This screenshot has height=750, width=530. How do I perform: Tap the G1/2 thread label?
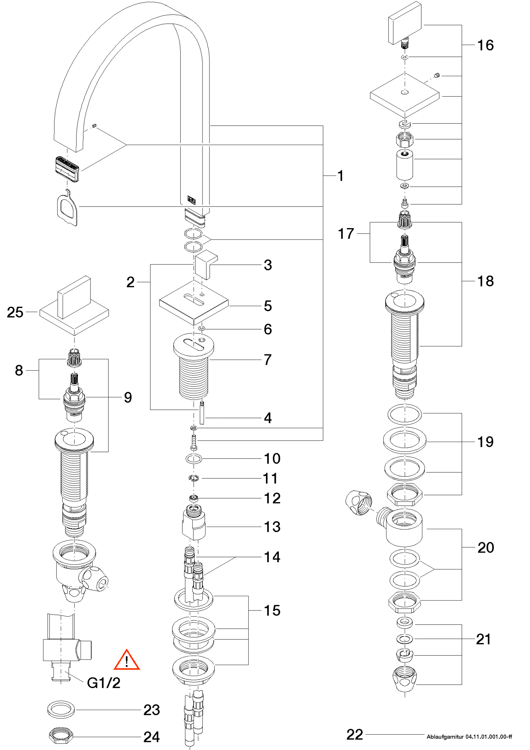click(x=104, y=683)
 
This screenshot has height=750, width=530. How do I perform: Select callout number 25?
click(x=15, y=312)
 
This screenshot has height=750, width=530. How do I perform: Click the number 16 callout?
click(x=485, y=45)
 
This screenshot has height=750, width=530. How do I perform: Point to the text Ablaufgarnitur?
click(x=445, y=736)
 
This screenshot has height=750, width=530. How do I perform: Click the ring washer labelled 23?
click(x=61, y=710)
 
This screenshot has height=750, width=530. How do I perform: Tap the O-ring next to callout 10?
click(x=194, y=458)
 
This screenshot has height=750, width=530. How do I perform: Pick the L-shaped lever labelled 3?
click(x=205, y=264)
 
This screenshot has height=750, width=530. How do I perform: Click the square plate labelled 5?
click(x=194, y=302)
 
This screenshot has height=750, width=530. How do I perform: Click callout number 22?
click(x=355, y=735)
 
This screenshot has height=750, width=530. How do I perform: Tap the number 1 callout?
click(x=341, y=176)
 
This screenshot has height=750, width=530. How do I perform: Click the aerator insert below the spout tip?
click(x=67, y=169)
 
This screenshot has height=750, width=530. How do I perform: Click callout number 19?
click(x=485, y=442)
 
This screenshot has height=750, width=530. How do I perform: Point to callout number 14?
click(x=272, y=557)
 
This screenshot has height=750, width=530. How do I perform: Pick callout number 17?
click(x=346, y=234)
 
